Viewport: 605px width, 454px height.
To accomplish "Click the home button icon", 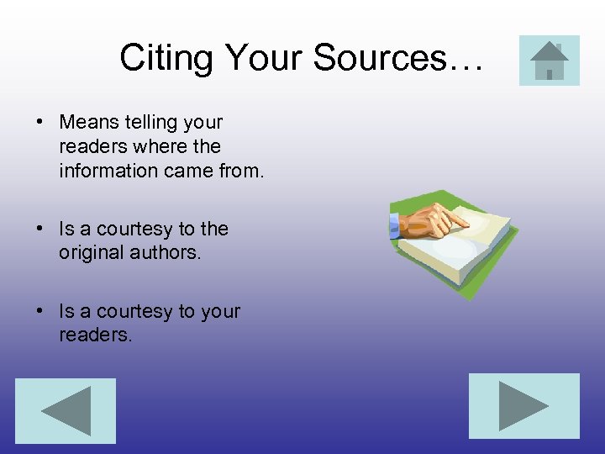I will [550, 61].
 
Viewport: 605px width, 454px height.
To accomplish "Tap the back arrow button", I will [66, 410].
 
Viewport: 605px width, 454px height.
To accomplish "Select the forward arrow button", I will [523, 406].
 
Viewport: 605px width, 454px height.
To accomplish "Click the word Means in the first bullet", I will [90, 122].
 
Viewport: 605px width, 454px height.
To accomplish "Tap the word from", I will [243, 171].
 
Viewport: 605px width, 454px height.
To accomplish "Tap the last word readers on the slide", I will [94, 335].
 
